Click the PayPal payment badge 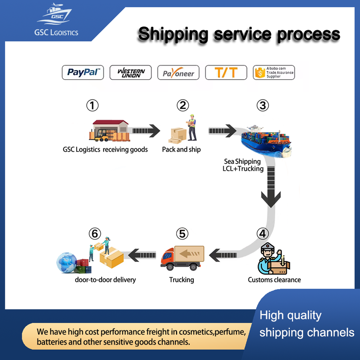(83, 72)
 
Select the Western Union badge (130, 72)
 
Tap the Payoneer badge (178, 72)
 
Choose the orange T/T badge (226, 72)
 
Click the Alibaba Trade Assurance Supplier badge (274, 72)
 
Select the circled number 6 (95, 234)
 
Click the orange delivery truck (182, 258)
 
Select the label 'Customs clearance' (274, 280)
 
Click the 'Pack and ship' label (181, 150)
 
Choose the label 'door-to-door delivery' (105, 280)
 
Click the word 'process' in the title (308, 34)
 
